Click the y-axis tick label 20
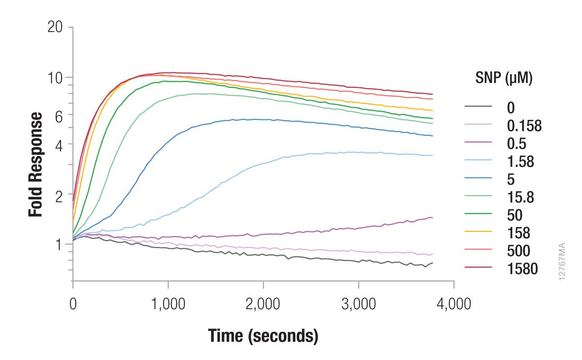[x=55, y=27]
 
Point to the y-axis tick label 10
[x=55, y=78]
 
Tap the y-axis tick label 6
[x=59, y=115]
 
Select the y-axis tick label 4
[x=59, y=144]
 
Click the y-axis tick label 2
[x=59, y=196]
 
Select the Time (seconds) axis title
[x=263, y=336]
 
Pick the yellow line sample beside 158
[x=478, y=233]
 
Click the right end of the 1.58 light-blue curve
[x=432, y=155]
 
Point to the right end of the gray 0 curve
[x=432, y=263]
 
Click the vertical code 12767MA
[x=563, y=261]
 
